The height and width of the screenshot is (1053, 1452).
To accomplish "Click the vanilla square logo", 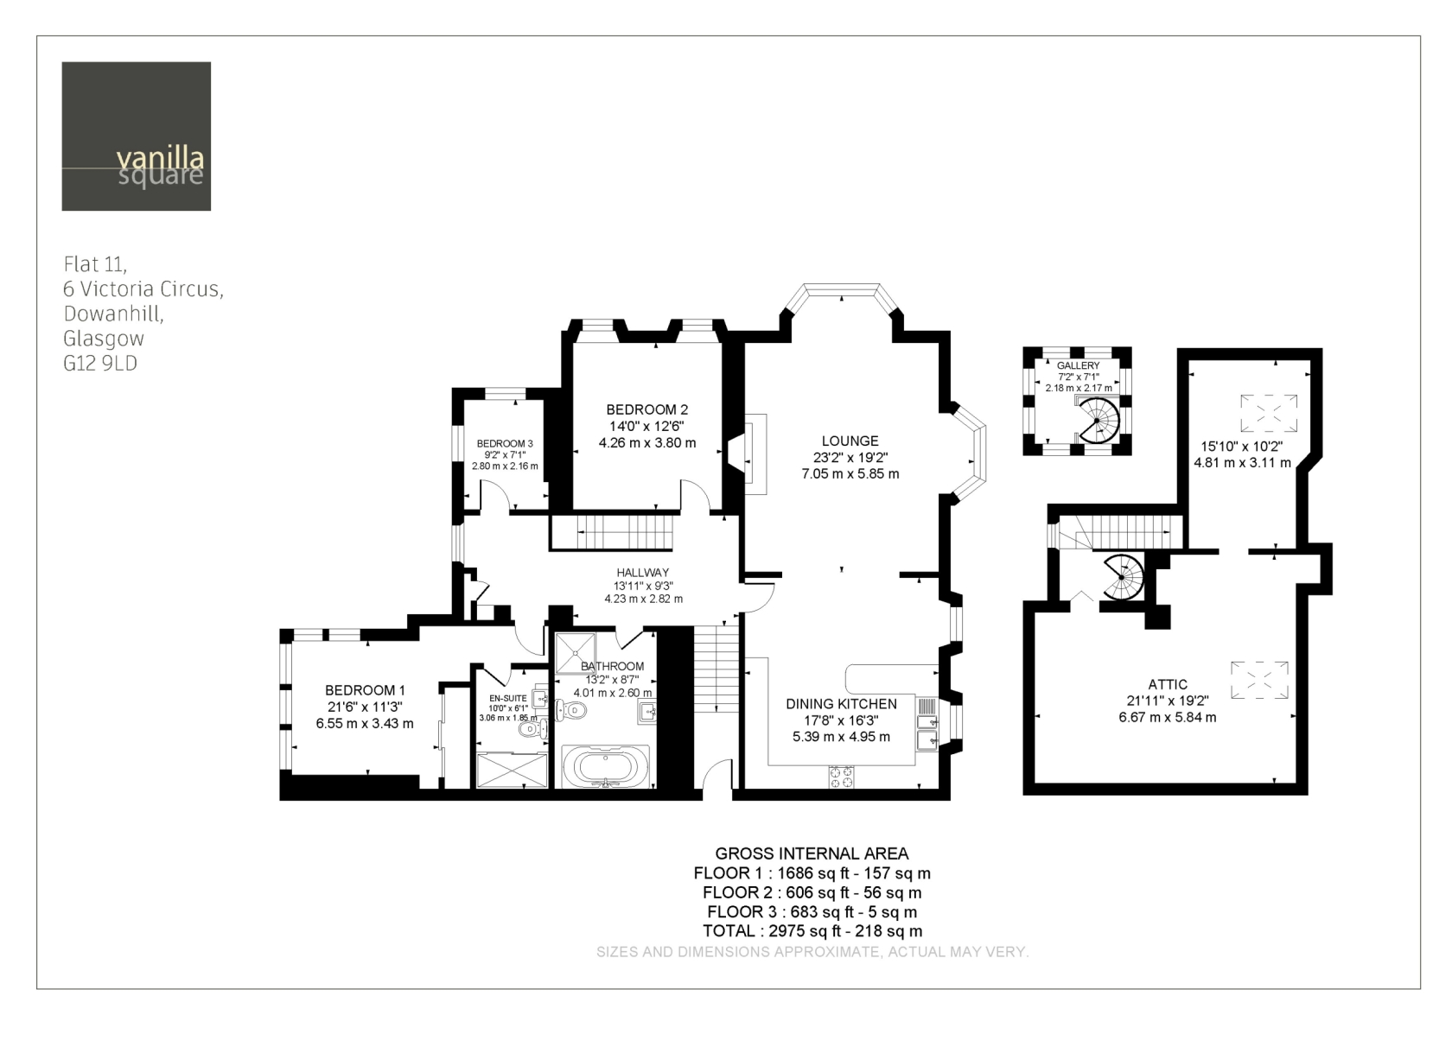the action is pyautogui.click(x=137, y=136).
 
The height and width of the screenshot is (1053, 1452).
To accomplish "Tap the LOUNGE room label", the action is pyautogui.click(x=850, y=441).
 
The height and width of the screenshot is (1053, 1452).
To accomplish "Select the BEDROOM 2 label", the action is pyautogui.click(x=646, y=409).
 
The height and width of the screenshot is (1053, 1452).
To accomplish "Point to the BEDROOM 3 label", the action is pyautogui.click(x=505, y=444).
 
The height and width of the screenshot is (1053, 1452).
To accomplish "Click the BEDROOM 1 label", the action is pyautogui.click(x=365, y=690).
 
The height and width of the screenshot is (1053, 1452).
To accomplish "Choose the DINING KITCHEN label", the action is pyautogui.click(x=842, y=704).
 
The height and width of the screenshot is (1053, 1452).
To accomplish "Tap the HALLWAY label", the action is pyautogui.click(x=642, y=573).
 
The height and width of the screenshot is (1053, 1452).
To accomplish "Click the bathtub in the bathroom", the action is pyautogui.click(x=605, y=767).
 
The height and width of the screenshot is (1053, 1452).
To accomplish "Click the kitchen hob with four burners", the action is pyautogui.click(x=842, y=777).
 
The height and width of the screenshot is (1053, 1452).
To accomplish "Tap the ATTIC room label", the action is pyautogui.click(x=1169, y=684).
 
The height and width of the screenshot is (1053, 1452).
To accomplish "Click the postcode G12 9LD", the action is pyautogui.click(x=100, y=363).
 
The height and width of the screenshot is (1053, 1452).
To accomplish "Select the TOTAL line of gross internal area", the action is pyautogui.click(x=812, y=931).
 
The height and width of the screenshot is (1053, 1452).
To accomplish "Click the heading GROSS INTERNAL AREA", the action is pyautogui.click(x=812, y=853).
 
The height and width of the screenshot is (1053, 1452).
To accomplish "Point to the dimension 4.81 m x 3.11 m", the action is pyautogui.click(x=1243, y=463).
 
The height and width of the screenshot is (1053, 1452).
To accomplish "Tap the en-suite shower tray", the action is pyautogui.click(x=512, y=771).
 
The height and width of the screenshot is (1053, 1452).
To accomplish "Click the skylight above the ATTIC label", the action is pyautogui.click(x=1259, y=681).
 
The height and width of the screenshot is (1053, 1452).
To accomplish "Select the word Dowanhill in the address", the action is pyautogui.click(x=113, y=314).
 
